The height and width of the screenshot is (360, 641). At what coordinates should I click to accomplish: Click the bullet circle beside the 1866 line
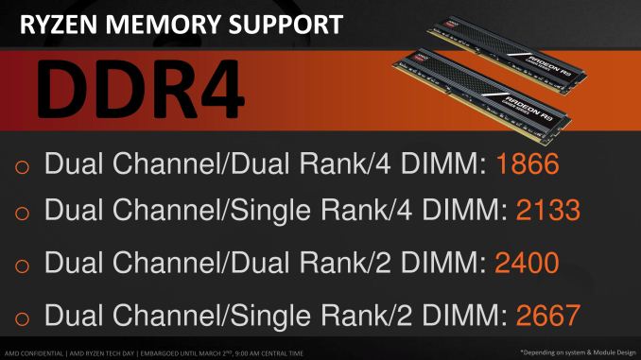(25, 168)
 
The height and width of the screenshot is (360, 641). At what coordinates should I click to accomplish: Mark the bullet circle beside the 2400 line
(25, 264)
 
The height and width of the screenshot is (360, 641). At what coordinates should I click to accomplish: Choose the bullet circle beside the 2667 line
(25, 317)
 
